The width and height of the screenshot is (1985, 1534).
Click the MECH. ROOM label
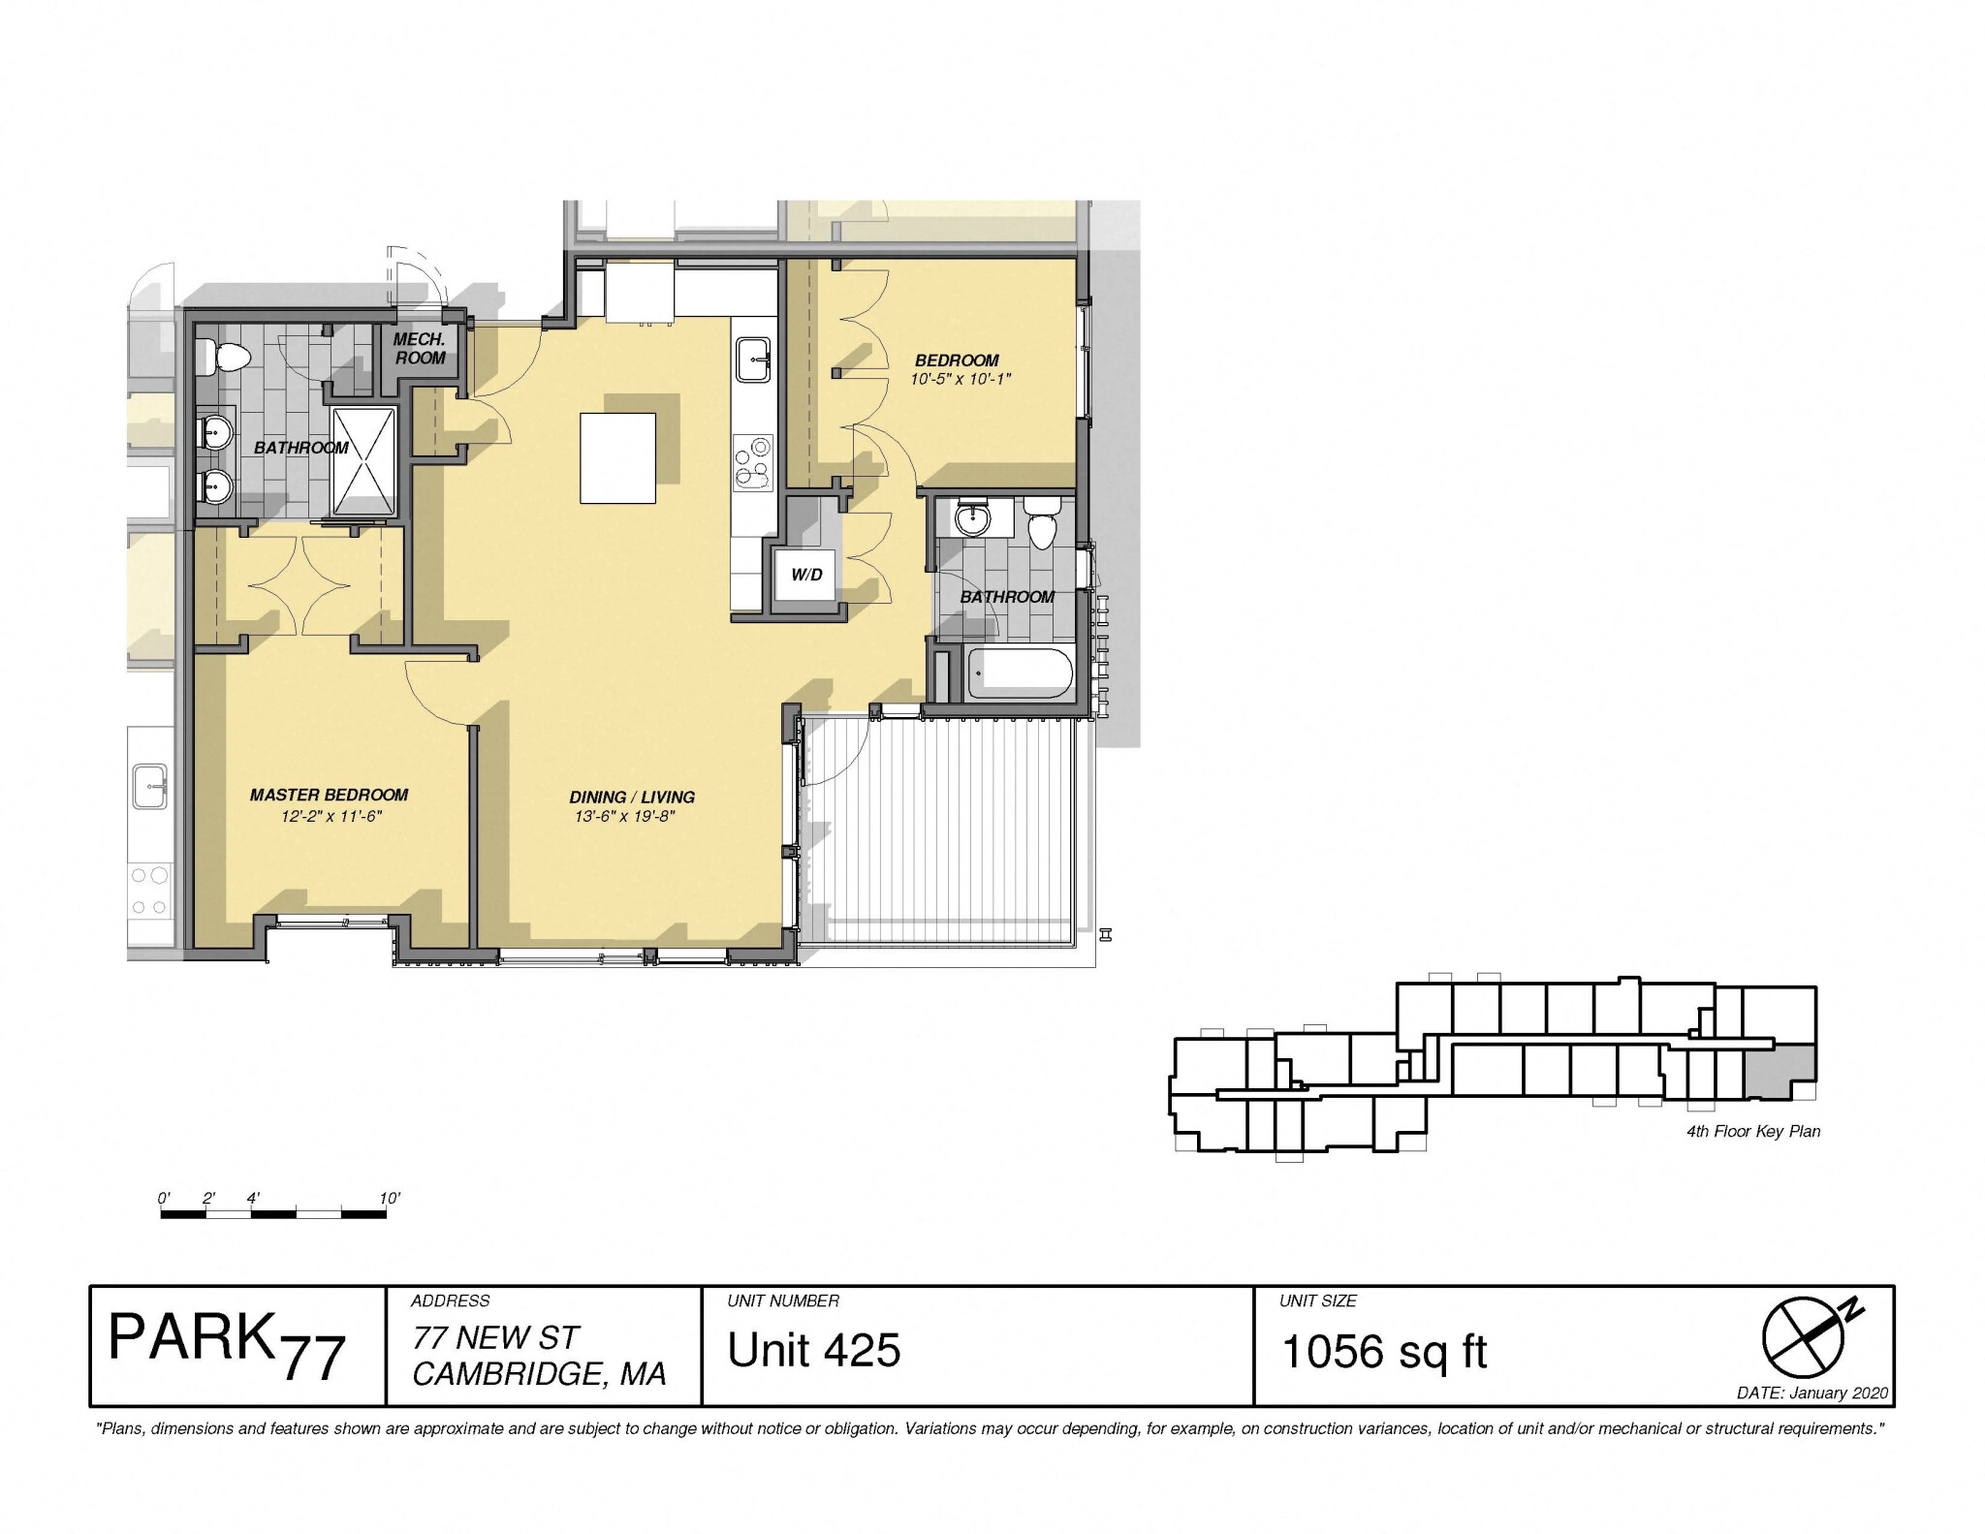(x=420, y=349)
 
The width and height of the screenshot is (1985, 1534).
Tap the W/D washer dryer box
(x=805, y=575)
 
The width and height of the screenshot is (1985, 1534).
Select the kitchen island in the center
(x=617, y=457)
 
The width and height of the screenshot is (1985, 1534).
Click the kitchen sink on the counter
(x=753, y=360)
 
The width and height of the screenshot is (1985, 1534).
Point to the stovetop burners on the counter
(x=753, y=462)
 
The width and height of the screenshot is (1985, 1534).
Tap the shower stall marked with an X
(x=364, y=461)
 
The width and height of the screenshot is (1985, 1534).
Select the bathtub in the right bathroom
(x=1020, y=674)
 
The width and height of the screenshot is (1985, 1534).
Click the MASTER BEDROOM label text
(x=329, y=795)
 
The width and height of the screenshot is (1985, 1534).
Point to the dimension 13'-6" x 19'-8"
(x=623, y=817)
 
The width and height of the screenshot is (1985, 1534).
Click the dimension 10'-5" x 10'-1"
(x=960, y=380)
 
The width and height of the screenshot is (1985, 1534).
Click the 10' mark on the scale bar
(x=389, y=1199)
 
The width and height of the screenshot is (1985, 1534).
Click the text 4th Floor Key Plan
(x=1752, y=1132)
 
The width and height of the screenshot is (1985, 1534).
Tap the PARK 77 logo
(x=227, y=1347)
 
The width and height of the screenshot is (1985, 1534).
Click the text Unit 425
(x=813, y=1351)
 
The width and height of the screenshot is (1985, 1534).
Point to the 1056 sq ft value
(x=1383, y=1352)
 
